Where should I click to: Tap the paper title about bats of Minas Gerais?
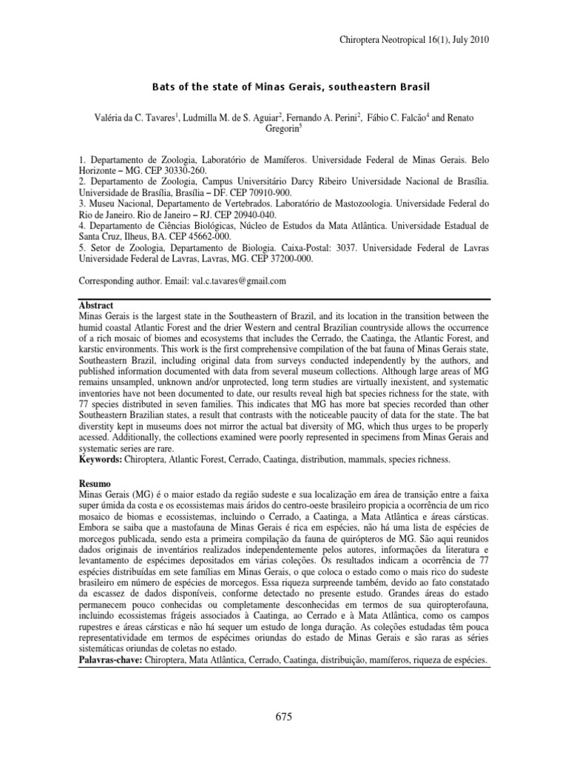[x=284, y=87]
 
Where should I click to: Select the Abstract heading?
[x=98, y=305]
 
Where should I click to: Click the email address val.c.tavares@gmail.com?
[x=229, y=281]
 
